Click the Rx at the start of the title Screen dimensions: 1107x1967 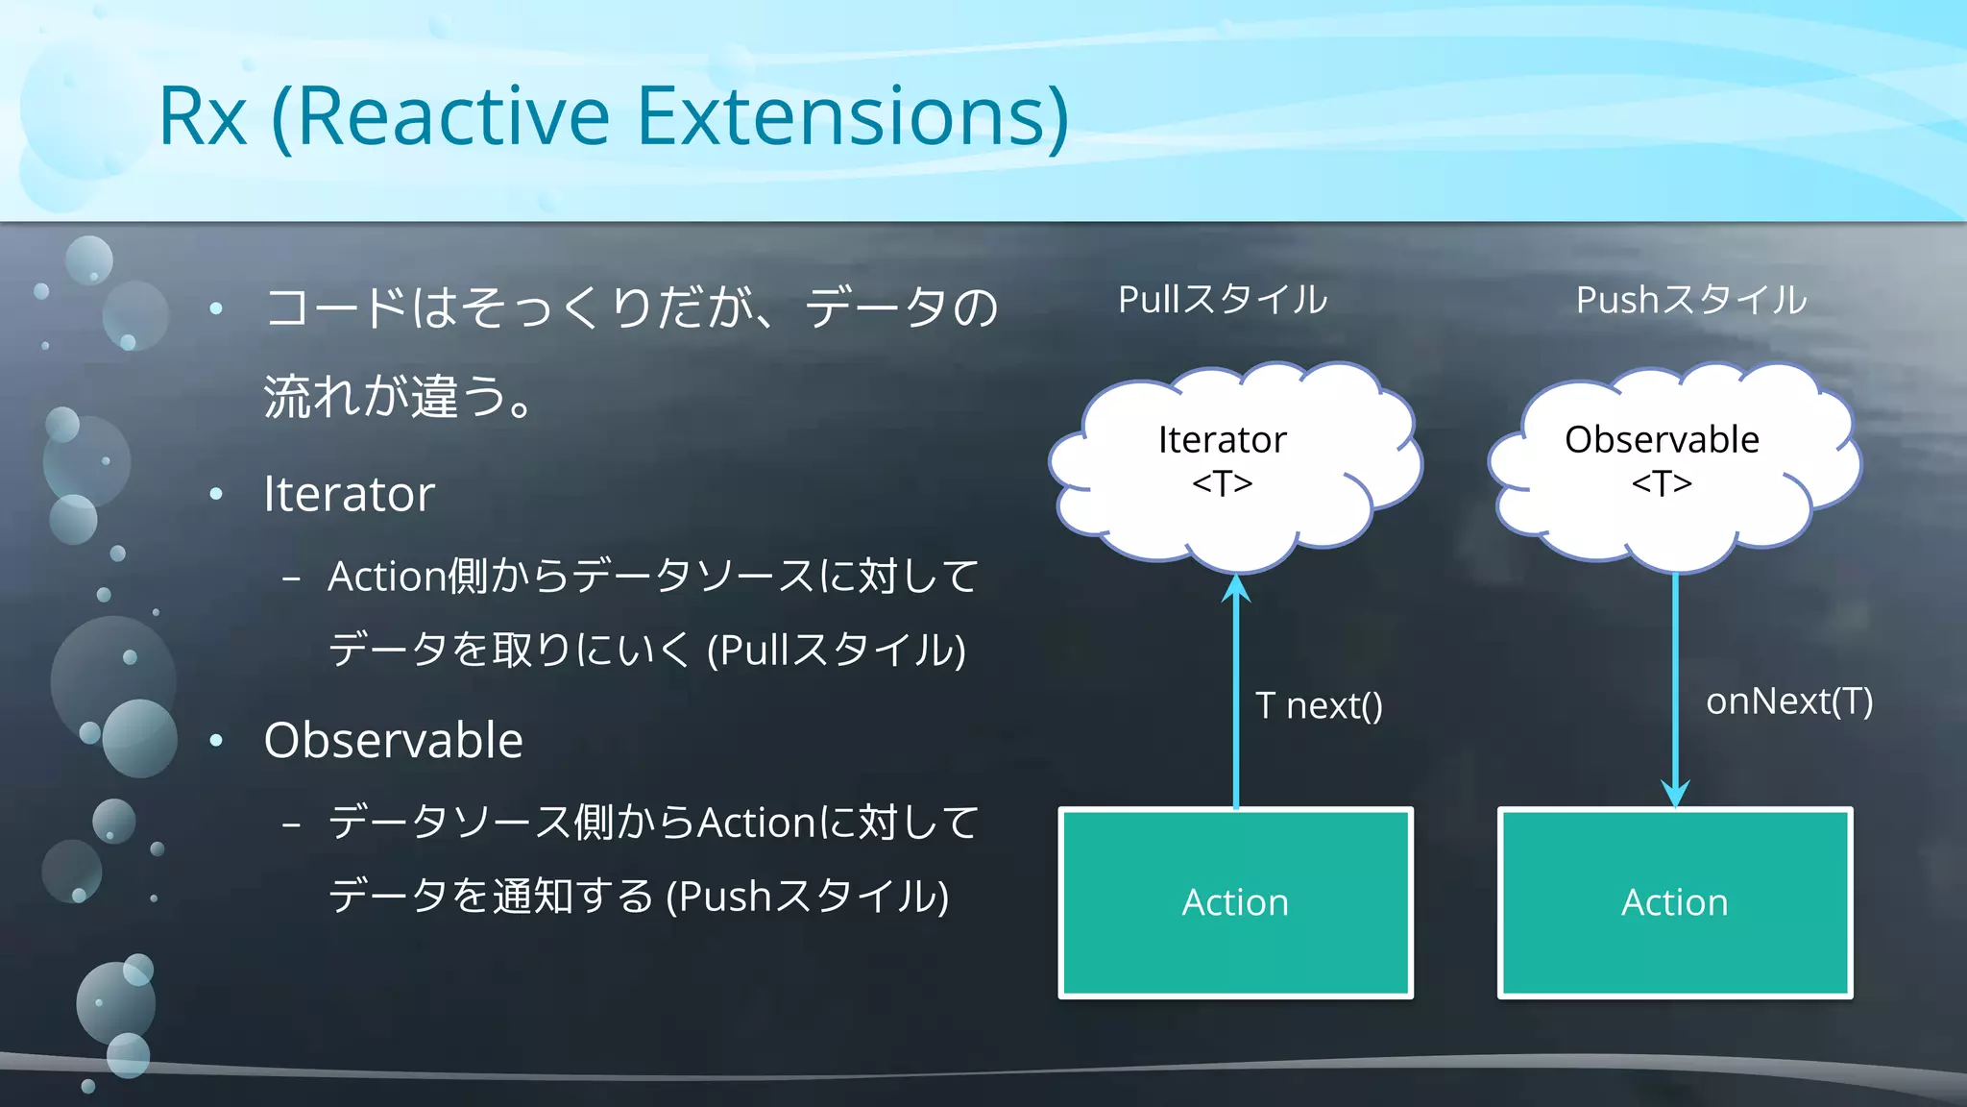pos(203,117)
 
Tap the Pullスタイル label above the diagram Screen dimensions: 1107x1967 pos(1223,300)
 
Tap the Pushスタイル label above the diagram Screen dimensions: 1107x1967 pos(1691,300)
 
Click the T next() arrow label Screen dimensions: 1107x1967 pos(1319,706)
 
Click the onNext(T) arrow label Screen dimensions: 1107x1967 pos(1788,701)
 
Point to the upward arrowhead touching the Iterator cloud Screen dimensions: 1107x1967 pos(1236,588)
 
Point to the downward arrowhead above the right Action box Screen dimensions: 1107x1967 pos(1676,794)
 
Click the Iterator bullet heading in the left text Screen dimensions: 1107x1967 pos(349,494)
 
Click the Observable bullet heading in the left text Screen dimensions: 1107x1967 pos(393,740)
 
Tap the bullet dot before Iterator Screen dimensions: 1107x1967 pos(216,495)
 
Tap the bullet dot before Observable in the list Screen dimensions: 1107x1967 pos(216,740)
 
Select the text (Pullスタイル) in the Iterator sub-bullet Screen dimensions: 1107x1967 pos(836,651)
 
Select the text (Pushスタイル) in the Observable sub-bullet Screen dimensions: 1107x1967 pos(807,897)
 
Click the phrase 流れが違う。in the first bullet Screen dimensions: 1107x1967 pos(399,397)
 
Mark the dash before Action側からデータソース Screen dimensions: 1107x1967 pos(292,579)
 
